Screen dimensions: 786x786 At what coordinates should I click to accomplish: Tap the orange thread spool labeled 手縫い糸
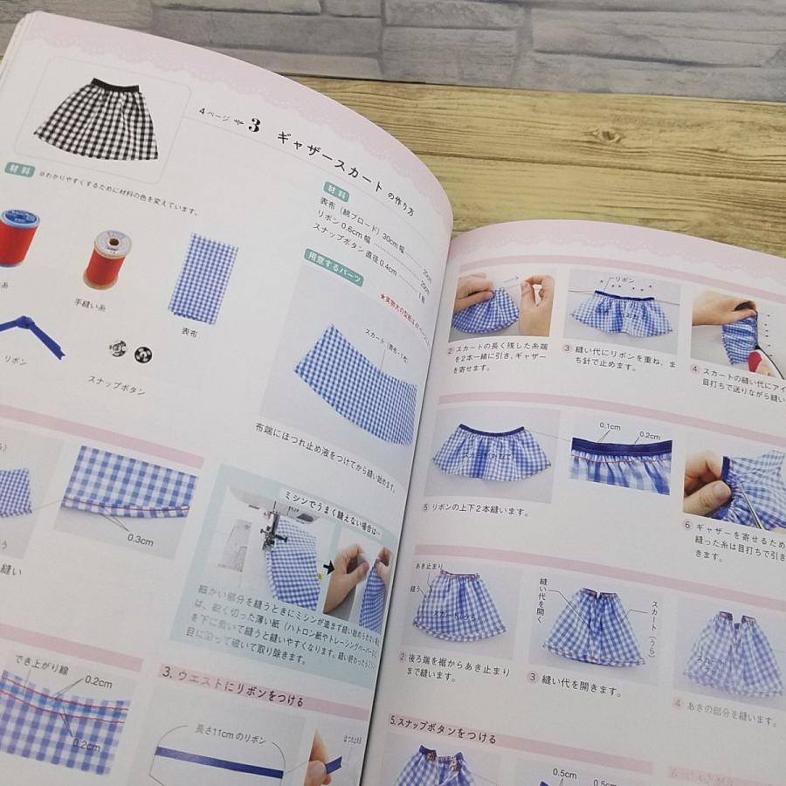coord(108,259)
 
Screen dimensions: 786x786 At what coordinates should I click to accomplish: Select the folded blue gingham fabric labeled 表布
coord(203,278)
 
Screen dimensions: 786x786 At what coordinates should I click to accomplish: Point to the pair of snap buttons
coord(130,351)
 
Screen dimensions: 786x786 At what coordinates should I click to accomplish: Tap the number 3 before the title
coord(253,125)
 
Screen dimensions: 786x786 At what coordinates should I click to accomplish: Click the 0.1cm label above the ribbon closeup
coord(610,425)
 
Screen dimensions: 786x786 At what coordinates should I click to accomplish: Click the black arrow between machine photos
coord(328,566)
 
